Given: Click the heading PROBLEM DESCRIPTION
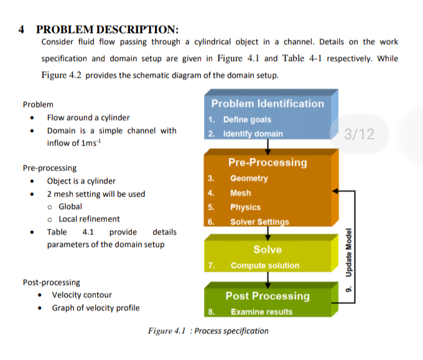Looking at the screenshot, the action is pos(108,30).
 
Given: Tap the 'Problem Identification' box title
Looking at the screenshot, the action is pos(267,104).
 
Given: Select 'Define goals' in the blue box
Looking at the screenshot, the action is pos(247,119).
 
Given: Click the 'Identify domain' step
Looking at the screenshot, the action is pos(253,134).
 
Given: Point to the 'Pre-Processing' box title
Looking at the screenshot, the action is pos(267,162).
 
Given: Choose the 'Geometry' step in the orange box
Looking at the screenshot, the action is pos(249,178).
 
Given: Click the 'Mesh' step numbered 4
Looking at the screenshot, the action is pos(241,193).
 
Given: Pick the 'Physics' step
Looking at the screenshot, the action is pos(246,208).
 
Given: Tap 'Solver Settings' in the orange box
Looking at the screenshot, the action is pos(259,222).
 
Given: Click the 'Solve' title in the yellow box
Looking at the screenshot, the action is pos(267,249).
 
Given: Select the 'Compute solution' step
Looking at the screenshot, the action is pos(265,265).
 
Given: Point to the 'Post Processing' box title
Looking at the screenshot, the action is pos(267,296).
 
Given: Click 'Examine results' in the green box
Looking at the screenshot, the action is pos(262,312).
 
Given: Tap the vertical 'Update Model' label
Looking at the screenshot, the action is pos(349,252).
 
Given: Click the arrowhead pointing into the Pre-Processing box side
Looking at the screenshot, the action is pos(335,191).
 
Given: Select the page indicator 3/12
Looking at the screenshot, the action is pos(360,134).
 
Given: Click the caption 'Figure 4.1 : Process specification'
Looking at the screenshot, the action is pos(208,331).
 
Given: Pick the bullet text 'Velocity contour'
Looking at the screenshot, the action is pos(81,295).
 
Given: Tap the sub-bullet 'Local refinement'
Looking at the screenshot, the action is pos(89,219).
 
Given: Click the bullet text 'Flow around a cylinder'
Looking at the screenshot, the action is pos(88,118).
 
